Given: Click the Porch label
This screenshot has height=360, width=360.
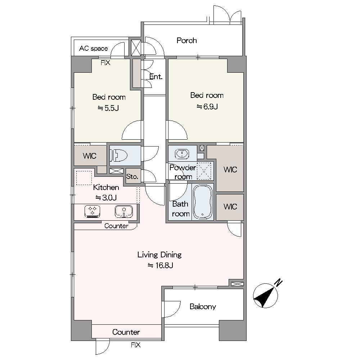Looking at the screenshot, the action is (x=186, y=41).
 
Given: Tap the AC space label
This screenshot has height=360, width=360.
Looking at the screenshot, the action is (x=94, y=49).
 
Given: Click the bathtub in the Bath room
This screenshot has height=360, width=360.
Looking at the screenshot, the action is (x=202, y=202).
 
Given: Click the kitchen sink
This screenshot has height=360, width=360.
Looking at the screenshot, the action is (x=124, y=211).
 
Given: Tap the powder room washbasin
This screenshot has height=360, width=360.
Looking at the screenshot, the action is (x=182, y=153).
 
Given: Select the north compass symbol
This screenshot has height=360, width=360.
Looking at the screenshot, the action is (x=266, y=294).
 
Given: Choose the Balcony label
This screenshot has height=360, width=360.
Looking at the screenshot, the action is (x=203, y=306).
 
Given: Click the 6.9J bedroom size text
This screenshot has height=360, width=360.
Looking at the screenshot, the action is (x=207, y=107).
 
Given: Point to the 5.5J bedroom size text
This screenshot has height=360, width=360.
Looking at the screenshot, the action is (x=108, y=108).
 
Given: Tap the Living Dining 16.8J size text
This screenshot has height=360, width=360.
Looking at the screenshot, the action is (x=160, y=265).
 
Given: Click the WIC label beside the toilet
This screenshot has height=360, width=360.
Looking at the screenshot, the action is (x=90, y=156).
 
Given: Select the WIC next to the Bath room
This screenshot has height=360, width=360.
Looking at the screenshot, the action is (x=230, y=207).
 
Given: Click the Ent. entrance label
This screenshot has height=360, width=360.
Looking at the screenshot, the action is (x=156, y=77).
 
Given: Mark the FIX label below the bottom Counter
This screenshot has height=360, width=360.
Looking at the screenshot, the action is (x=135, y=345).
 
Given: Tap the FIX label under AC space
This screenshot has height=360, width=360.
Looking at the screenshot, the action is (x=105, y=63).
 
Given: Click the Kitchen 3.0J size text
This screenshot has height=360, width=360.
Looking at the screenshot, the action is (x=106, y=197).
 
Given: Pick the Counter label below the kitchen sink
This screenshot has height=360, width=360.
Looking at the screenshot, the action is (x=116, y=226).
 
